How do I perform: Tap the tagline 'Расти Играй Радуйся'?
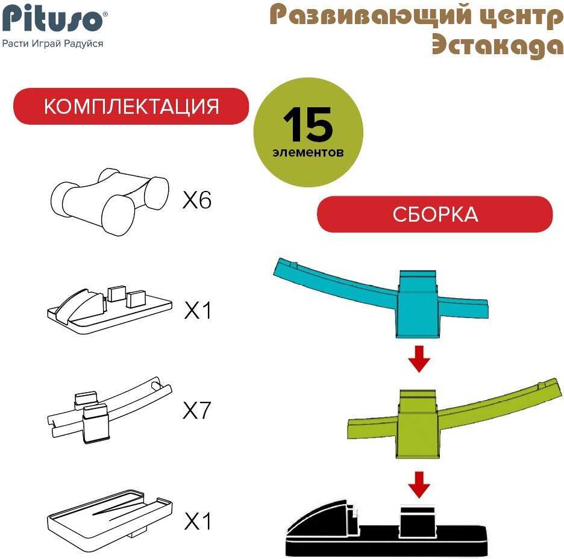click(52, 44)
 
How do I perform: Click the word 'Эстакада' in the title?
click(498, 46)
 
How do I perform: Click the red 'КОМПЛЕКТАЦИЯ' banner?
click(131, 107)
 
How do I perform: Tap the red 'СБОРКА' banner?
click(435, 214)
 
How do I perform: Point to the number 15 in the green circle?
click(308, 124)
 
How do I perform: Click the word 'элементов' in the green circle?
click(308, 152)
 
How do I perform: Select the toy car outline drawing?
click(110, 201)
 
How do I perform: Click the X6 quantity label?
click(197, 200)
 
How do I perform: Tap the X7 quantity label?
click(196, 410)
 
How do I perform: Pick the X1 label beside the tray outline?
click(197, 521)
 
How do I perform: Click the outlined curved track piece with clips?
click(110, 410)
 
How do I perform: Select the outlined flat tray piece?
click(110, 516)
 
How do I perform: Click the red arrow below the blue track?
click(419, 359)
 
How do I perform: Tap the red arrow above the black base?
click(419, 484)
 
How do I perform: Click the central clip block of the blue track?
click(418, 304)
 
